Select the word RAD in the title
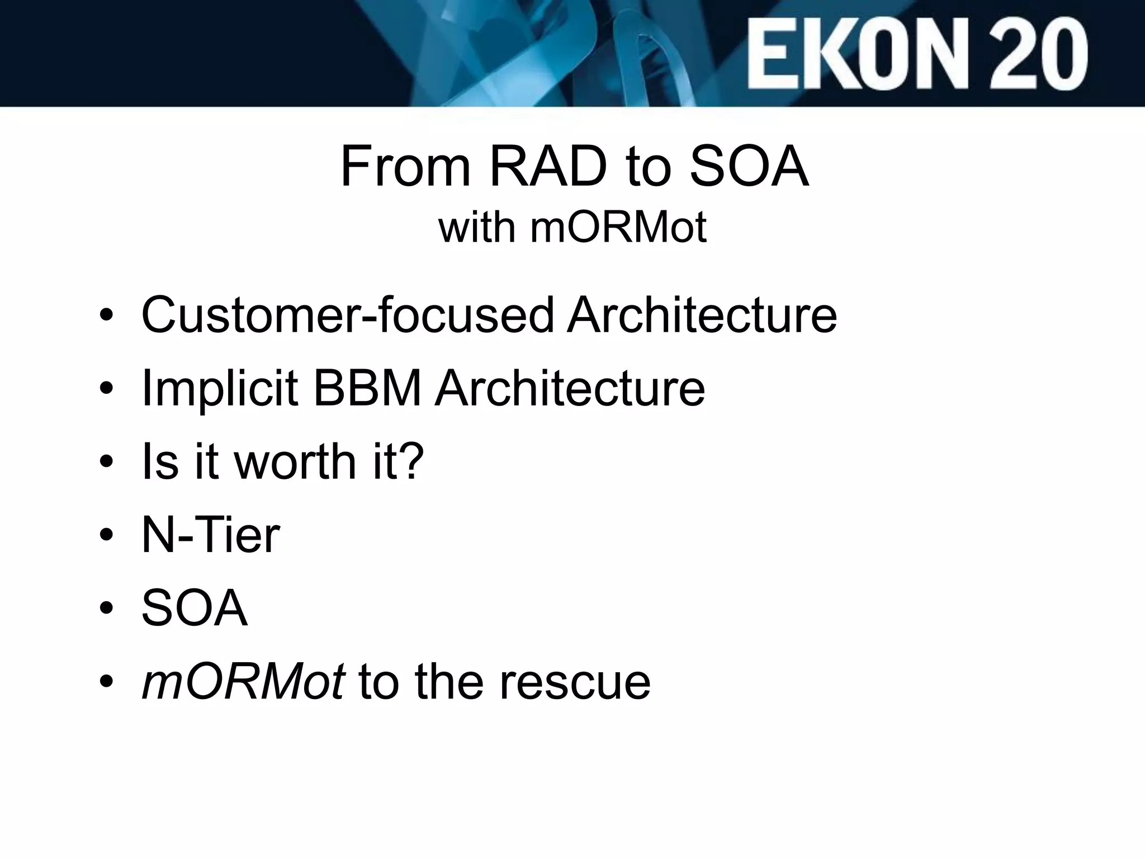click(548, 166)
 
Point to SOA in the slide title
click(749, 166)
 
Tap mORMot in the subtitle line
click(618, 228)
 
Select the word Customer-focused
click(348, 315)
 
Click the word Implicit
click(220, 388)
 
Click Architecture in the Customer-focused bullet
click(702, 315)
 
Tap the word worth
click(296, 461)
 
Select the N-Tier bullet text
click(211, 535)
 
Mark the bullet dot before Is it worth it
click(106, 464)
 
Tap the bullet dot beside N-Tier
click(106, 537)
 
